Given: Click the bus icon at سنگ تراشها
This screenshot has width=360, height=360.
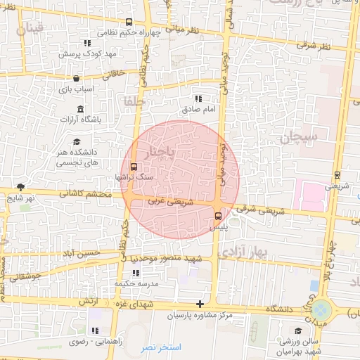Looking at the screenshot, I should pos(134,167).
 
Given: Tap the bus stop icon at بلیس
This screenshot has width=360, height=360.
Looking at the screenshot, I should pos(218,216).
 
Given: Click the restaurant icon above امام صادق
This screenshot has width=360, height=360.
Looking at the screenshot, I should pos(198,98).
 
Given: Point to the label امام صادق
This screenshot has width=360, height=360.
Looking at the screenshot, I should pos(199,110).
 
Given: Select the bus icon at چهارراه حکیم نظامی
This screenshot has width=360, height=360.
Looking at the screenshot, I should pos(128,22).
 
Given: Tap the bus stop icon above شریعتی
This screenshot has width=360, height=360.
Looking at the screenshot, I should pos(337,175).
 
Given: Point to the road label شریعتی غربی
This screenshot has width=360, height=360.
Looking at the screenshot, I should pos(169,202).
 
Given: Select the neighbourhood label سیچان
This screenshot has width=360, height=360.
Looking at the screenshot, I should pos(300,136).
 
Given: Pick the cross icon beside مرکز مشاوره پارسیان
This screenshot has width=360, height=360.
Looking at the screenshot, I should pos(200,304).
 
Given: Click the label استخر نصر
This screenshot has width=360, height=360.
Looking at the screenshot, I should pos(160,348).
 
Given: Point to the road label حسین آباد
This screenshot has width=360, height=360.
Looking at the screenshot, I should pos(79,253).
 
